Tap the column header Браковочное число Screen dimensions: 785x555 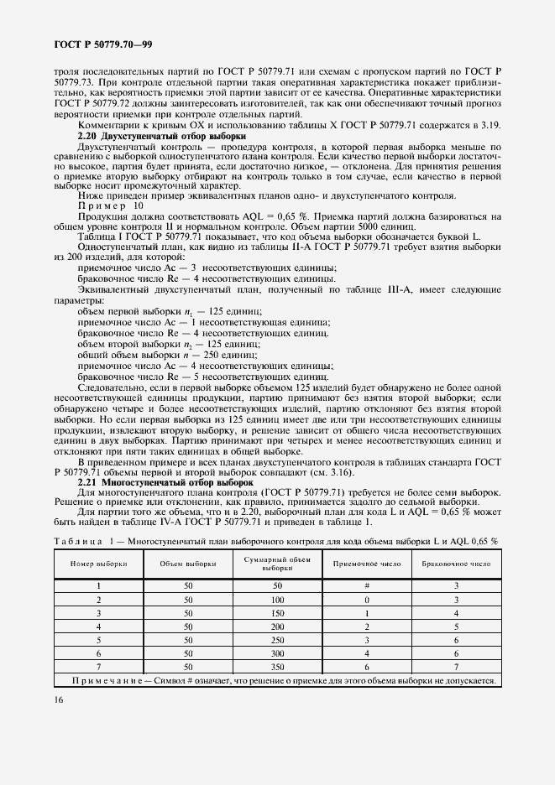click(456, 564)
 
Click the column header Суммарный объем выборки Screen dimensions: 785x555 click(277, 564)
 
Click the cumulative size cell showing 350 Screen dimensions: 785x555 click(277, 665)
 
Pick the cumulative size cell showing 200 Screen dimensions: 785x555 click(277, 626)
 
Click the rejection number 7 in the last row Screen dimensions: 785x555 click(456, 665)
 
